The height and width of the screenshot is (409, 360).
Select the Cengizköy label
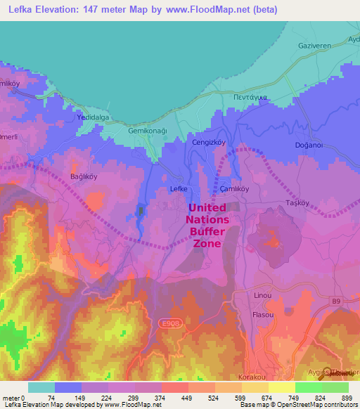(x=208, y=142)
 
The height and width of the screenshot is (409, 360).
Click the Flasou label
(x=263, y=315)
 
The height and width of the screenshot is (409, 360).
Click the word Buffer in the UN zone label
(x=207, y=231)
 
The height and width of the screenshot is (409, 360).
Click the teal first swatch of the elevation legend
(x=41, y=387)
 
